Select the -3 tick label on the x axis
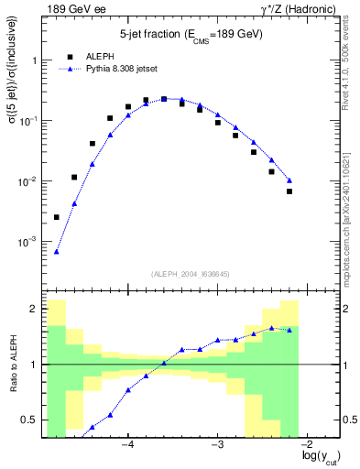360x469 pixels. click(x=217, y=444)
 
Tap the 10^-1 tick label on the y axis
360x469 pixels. click(x=30, y=121)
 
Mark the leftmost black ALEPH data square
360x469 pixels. click(x=57, y=217)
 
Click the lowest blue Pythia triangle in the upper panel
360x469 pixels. click(x=57, y=252)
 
